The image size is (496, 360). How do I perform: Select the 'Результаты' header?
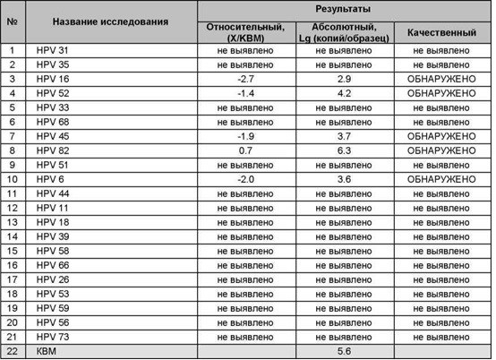pos(343,7)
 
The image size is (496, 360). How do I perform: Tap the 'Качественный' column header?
pos(442,29)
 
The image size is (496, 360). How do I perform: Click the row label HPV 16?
pos(53,79)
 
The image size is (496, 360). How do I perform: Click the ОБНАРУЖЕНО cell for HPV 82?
pos(442,150)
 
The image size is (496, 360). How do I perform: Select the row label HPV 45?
pos(53,136)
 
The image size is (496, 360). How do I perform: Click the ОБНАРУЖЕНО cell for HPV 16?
pos(442,79)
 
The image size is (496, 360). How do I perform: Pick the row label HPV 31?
pos(53,50)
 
